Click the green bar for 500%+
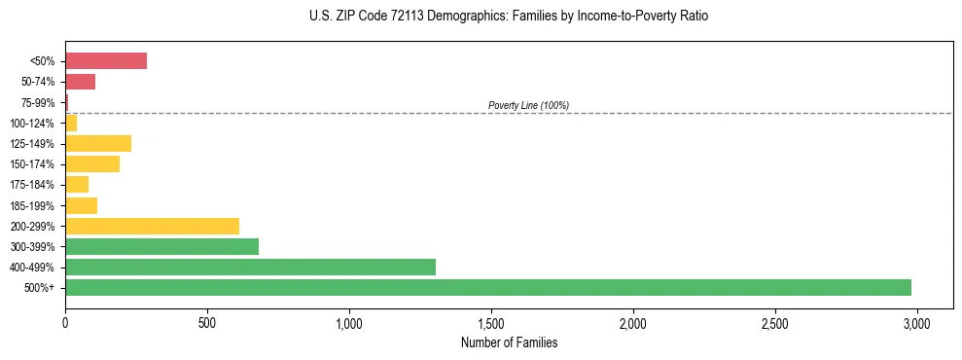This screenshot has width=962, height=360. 487,287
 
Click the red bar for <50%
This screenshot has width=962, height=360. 106,61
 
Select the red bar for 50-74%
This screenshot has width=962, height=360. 80,82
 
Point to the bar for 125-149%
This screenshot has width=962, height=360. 98,143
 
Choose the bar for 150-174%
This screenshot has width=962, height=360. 92,164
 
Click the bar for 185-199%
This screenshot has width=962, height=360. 81,205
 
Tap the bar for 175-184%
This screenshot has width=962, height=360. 77,185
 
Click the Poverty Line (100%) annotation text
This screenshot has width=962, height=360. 528,105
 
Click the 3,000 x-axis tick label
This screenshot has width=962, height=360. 916,322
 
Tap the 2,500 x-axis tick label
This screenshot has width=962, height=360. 774,322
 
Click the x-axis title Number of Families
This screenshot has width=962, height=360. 509,342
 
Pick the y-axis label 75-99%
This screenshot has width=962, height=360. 42,102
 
